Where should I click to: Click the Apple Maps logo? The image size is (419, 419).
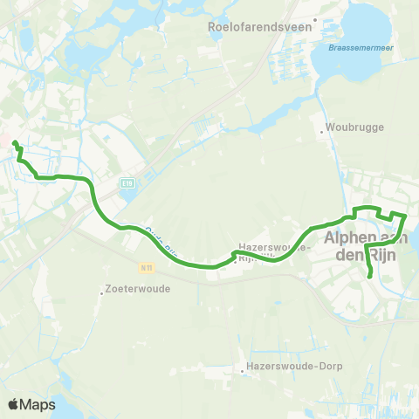coord(31,404)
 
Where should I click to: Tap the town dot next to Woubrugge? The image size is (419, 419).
coord(323,134)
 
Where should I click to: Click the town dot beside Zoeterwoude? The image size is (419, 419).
coord(102,292)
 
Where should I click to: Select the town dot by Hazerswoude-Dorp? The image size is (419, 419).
coord(243,372)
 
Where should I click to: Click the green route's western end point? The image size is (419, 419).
coord(15,142)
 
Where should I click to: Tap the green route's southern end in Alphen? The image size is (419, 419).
coord(372,276)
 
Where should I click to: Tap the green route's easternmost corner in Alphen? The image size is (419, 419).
coord(407,215)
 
